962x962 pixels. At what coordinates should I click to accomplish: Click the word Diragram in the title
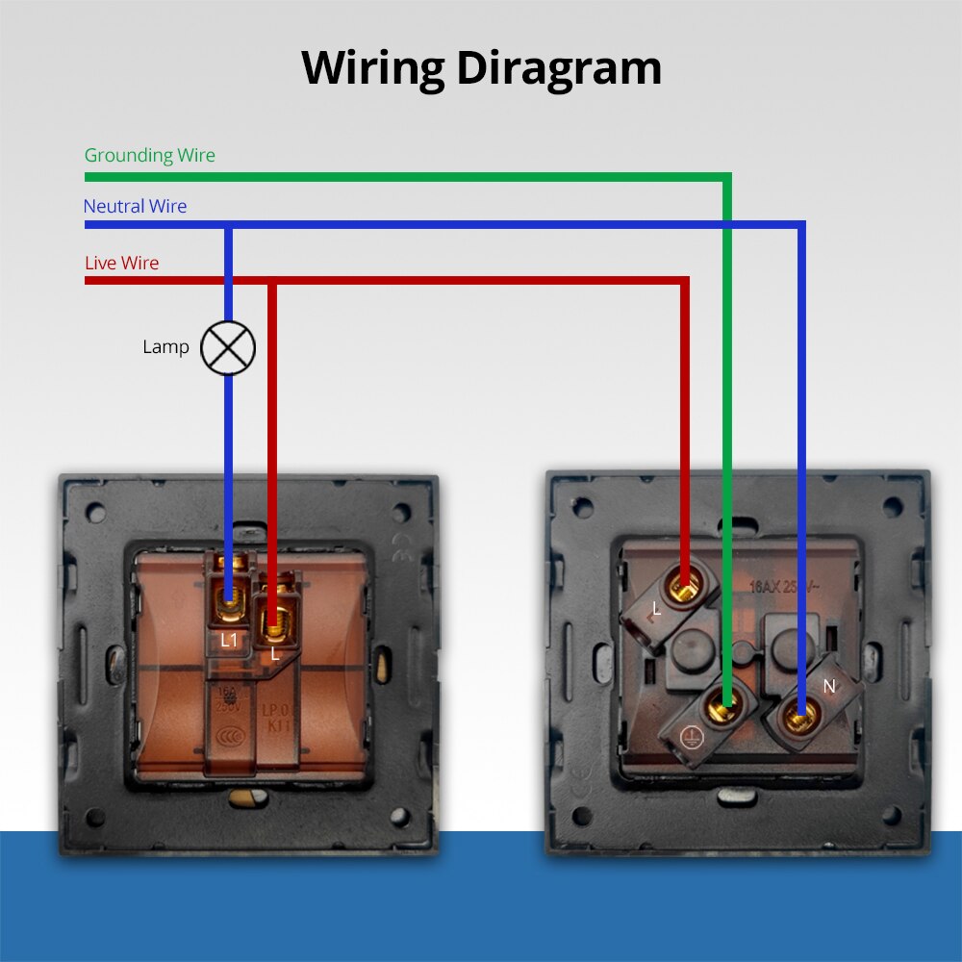559,69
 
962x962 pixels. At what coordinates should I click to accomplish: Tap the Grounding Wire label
149,155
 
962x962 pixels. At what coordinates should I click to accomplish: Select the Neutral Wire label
135,206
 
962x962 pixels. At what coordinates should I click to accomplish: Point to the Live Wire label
121,263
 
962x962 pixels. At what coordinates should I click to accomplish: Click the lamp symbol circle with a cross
228,347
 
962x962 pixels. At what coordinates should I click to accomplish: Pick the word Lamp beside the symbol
165,346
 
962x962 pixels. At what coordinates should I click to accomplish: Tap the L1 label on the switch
229,639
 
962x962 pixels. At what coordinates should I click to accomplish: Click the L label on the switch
274,653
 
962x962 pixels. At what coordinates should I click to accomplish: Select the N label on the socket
829,686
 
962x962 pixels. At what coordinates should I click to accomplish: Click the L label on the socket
656,609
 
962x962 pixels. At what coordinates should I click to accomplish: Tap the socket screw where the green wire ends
721,712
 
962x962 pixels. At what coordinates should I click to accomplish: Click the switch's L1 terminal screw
229,604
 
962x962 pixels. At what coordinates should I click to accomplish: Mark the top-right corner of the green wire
727,177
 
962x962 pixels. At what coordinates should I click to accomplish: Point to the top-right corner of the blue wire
800,225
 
